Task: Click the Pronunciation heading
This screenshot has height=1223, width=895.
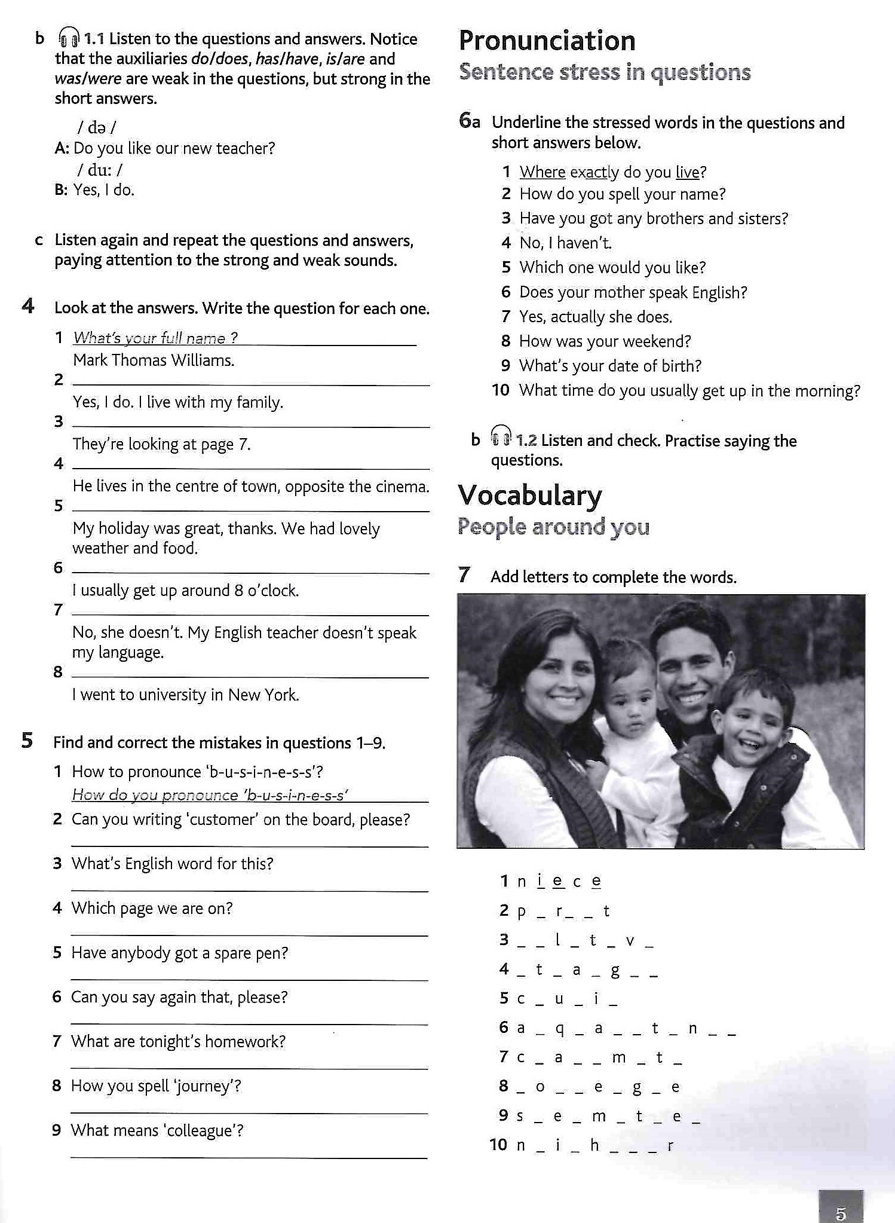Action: tap(547, 41)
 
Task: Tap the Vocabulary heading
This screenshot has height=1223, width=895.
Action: tap(530, 496)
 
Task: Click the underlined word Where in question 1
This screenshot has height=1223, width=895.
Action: tap(542, 173)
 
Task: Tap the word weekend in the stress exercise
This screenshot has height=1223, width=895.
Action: tap(660, 341)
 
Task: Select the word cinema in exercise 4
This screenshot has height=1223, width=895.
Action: tap(404, 487)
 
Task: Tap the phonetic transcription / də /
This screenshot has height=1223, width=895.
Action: tap(96, 127)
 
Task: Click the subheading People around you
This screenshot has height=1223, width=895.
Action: tap(553, 527)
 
